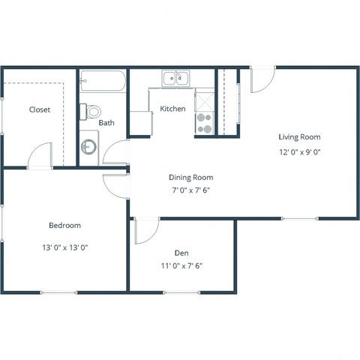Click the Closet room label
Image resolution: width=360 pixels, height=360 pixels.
pos(40,109)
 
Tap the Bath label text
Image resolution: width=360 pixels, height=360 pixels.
pos(106,123)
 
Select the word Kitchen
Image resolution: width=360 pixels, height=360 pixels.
pos(172,109)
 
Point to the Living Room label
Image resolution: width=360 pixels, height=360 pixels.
pos(299,137)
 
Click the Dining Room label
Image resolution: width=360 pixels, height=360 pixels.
pos(190,178)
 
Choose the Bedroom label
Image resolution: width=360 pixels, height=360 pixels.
pos(64,225)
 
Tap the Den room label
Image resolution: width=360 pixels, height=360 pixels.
pos(181,252)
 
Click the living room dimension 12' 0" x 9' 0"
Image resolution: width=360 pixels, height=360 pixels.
pos(299,152)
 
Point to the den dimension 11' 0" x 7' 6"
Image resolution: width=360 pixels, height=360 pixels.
pos(181,265)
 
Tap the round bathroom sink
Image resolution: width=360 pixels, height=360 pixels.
pos(88,146)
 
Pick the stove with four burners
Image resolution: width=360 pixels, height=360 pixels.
pos(204,122)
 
